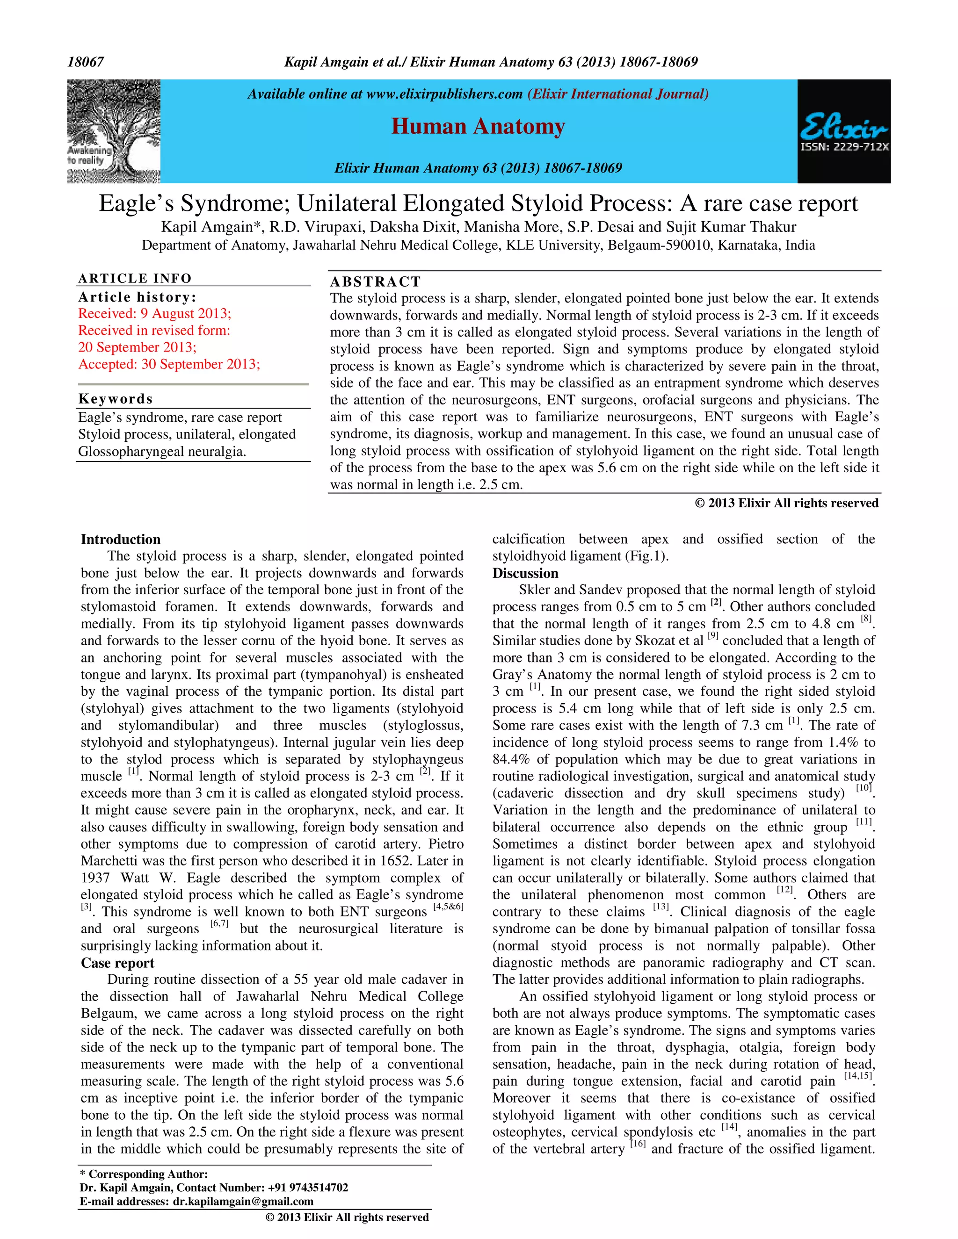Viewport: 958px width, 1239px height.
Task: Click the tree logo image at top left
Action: pyautogui.click(x=114, y=131)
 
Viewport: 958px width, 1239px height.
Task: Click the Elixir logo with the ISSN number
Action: pyautogui.click(x=843, y=131)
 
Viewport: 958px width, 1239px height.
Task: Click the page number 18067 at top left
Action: pyautogui.click(x=86, y=62)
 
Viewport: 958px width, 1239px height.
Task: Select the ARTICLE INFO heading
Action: pyautogui.click(x=135, y=279)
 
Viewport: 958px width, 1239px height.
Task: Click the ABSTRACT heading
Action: pyautogui.click(x=375, y=282)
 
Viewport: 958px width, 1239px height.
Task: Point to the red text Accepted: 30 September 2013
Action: pyautogui.click(x=169, y=364)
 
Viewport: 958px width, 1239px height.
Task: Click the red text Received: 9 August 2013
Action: pyautogui.click(x=154, y=314)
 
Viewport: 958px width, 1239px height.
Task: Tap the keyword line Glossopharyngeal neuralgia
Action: pyautogui.click(x=162, y=452)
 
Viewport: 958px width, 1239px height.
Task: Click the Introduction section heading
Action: pyautogui.click(x=120, y=540)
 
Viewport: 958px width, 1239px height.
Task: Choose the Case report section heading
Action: pyautogui.click(x=117, y=963)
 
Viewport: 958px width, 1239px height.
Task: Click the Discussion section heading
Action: pyautogui.click(x=525, y=573)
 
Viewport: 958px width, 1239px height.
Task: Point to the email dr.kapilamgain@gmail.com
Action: pyautogui.click(x=243, y=1201)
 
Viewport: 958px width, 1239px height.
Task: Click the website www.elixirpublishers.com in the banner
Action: pyautogui.click(x=444, y=94)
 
